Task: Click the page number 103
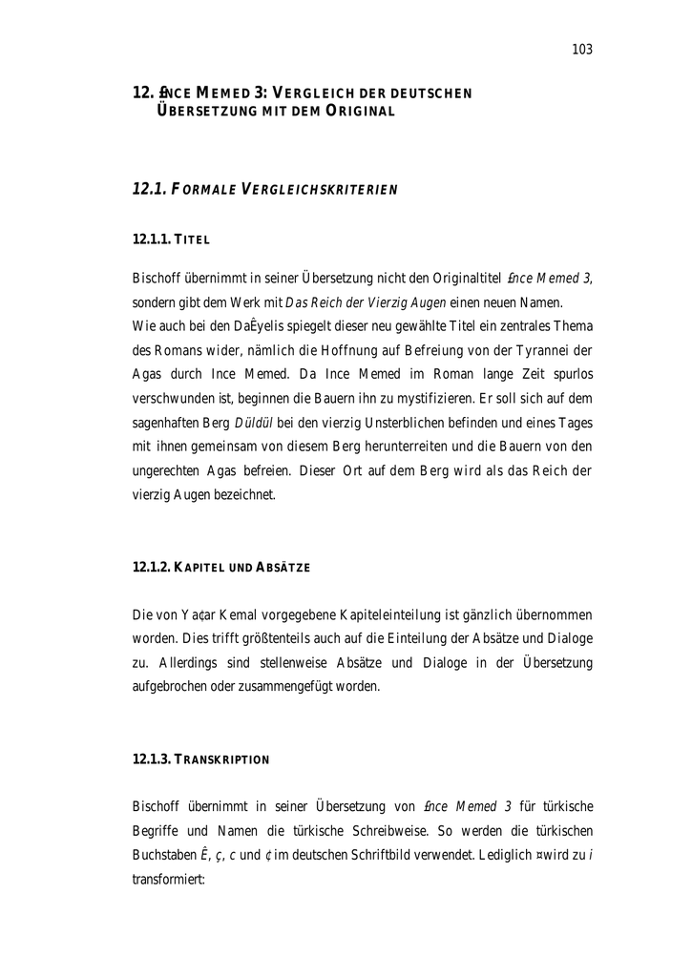(582, 50)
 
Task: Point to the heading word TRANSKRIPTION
(222, 759)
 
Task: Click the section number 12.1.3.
(151, 759)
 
